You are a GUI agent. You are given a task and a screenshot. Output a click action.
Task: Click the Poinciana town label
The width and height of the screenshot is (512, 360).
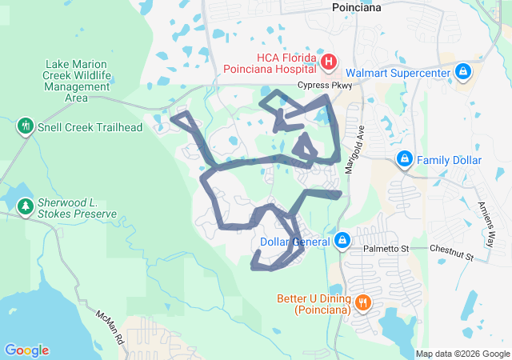coord(356,7)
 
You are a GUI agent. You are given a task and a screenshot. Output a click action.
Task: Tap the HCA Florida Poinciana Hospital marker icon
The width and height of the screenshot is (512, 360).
coord(328,62)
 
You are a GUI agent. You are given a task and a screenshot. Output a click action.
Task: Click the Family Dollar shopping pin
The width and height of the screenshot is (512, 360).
coord(405,159)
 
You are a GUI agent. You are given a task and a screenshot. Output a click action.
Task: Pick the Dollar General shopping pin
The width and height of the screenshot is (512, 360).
coord(342,240)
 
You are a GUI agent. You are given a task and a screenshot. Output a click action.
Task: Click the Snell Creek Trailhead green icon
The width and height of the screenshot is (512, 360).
coord(26,126)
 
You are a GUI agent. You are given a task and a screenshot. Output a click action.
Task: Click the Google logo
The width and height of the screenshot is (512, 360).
coord(26,350)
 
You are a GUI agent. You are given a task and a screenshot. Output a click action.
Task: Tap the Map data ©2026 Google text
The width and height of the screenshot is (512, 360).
coord(462,354)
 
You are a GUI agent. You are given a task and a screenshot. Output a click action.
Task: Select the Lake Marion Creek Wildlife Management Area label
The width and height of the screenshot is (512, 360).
coord(78,81)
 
